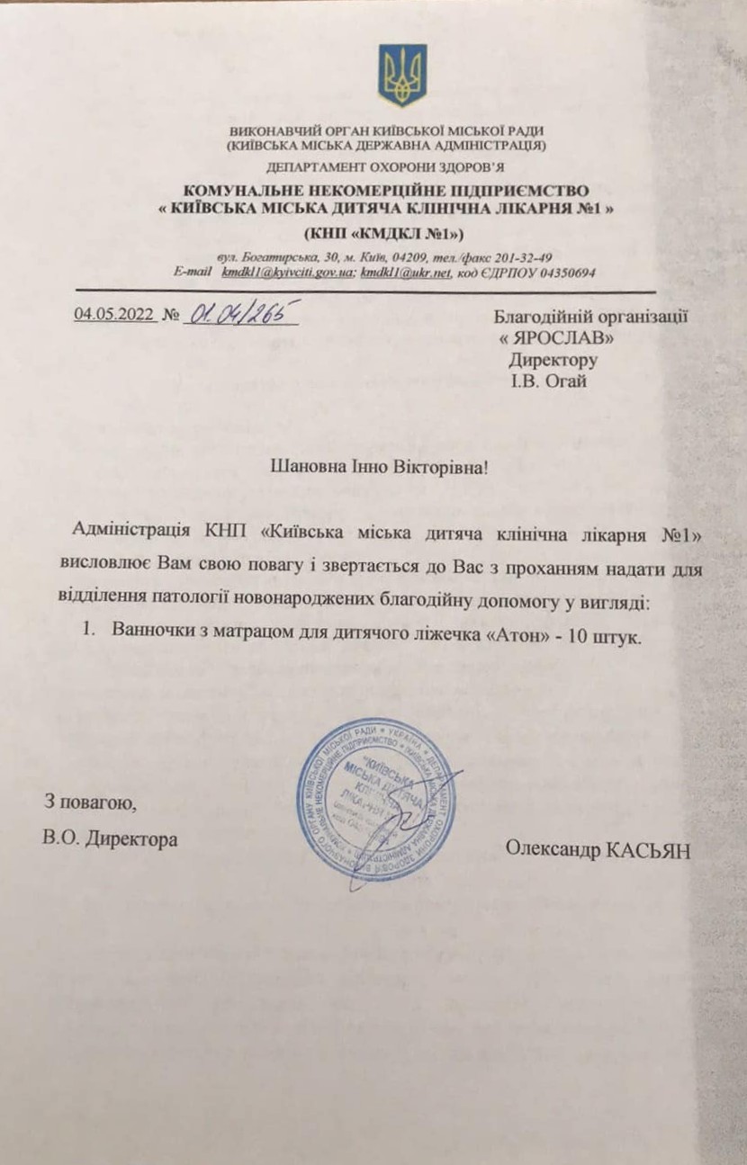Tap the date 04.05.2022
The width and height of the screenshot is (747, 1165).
(x=112, y=316)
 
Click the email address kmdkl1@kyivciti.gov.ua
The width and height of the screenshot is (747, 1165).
(x=289, y=272)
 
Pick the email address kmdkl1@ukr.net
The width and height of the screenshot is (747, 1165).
(x=405, y=272)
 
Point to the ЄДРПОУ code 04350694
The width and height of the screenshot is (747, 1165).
(x=558, y=272)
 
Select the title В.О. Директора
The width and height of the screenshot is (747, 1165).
(x=110, y=839)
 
